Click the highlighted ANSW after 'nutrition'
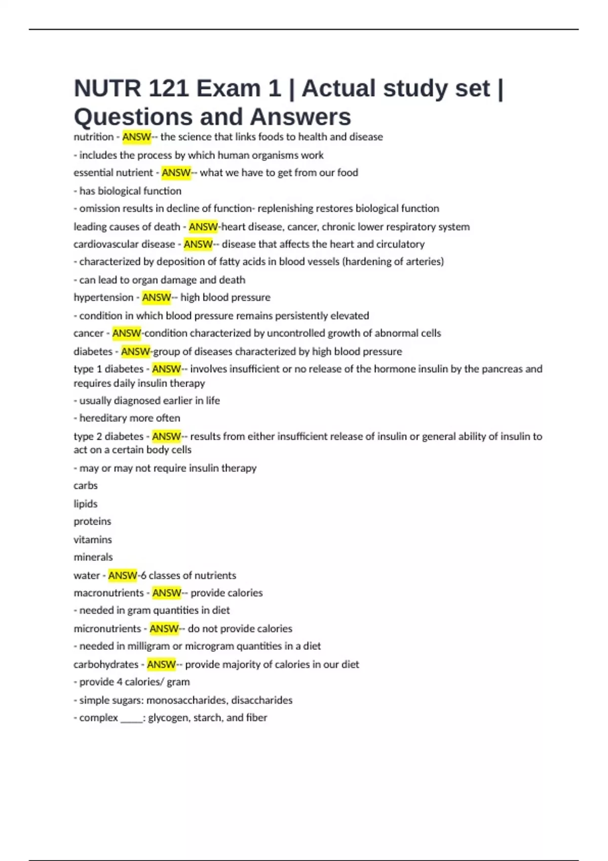click(136, 137)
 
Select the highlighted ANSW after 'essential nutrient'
click(176, 173)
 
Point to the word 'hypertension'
click(103, 297)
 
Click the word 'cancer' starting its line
click(88, 333)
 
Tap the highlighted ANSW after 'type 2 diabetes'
click(166, 436)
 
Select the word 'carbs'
click(86, 486)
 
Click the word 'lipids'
click(86, 504)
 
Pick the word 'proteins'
click(92, 522)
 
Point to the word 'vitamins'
click(93, 540)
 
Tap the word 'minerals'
click(93, 557)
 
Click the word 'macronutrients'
click(108, 593)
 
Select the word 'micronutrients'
click(107, 629)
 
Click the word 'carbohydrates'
click(106, 664)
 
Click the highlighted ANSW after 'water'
click(123, 575)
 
